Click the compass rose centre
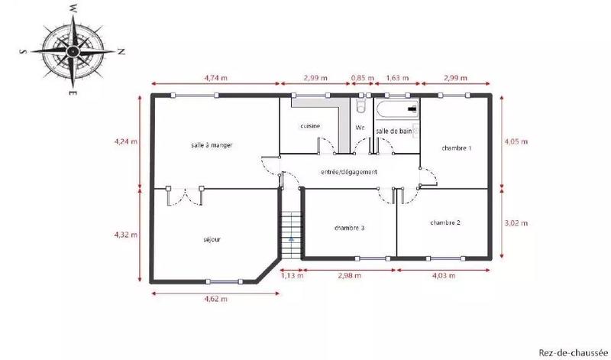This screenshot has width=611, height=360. pos(71,50)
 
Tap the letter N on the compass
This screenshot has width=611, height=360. pos(120,51)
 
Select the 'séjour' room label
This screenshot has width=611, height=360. pos(212,239)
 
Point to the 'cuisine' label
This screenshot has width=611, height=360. pos(310,125)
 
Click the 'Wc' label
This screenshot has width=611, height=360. pos(360,128)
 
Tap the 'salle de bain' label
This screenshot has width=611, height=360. pos(394,132)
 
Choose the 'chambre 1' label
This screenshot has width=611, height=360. pos(457,148)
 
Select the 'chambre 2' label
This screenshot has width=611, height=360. pos(445,222)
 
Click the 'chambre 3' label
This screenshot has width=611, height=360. pos(350,228)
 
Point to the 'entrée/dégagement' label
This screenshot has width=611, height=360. pos(350,172)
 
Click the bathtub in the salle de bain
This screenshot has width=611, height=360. pos(396,109)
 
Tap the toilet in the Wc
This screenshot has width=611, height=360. pos(360,107)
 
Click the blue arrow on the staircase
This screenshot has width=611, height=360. pos(291,238)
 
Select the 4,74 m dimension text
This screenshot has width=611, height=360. pos(216,78)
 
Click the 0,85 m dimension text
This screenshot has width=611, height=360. pos(363,78)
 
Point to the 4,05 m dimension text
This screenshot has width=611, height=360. pos(516,141)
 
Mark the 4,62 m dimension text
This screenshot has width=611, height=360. pos(215,299)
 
